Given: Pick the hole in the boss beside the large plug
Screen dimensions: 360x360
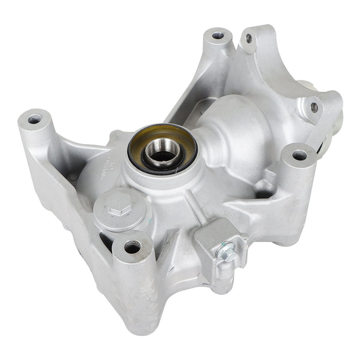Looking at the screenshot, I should (132, 248).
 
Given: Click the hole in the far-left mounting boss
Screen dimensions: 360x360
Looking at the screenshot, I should (34, 119).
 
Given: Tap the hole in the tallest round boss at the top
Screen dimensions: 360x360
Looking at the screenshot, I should (218, 36).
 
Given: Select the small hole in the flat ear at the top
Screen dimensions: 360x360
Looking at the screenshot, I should (249, 38).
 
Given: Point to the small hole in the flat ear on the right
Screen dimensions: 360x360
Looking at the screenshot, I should (314, 107).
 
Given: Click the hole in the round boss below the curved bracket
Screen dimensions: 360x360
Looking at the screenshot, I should (299, 155).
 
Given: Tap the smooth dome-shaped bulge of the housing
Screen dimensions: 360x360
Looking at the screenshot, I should (235, 125).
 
